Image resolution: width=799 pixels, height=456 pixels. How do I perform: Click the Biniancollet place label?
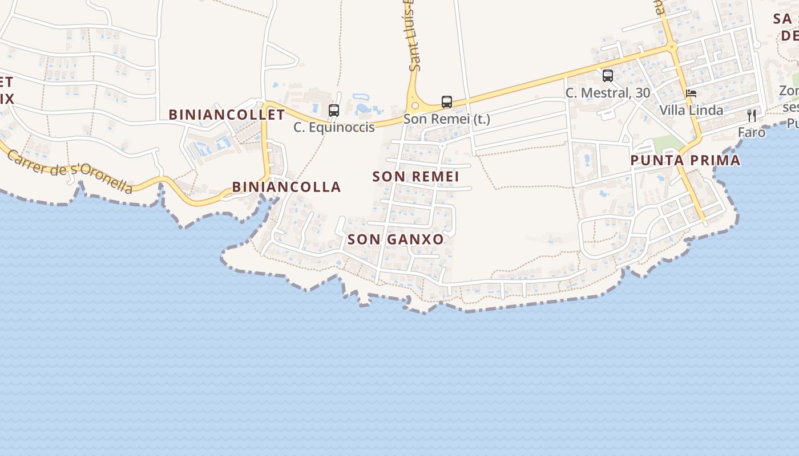tap(227, 115)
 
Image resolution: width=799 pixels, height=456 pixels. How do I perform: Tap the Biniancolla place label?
tap(286, 187)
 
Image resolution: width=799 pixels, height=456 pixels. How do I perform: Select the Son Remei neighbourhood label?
tap(415, 177)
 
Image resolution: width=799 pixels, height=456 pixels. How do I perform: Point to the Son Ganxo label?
tap(396, 239)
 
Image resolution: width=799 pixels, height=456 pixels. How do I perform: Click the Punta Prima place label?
tap(685, 161)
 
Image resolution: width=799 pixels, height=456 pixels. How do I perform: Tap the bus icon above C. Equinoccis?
tap(334, 111)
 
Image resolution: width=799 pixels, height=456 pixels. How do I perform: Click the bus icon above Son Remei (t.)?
tap(447, 102)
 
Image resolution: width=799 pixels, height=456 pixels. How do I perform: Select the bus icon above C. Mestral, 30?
tap(608, 75)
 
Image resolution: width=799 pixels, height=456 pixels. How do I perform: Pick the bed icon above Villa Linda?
tap(691, 93)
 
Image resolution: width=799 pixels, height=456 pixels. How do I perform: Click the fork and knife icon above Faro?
tap(752, 116)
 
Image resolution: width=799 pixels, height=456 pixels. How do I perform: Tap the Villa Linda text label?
tap(691, 110)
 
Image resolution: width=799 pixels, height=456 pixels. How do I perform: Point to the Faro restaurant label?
tap(752, 133)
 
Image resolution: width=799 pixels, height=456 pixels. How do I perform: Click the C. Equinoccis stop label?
tap(334, 127)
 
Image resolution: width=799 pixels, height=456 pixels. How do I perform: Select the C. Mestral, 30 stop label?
tap(608, 92)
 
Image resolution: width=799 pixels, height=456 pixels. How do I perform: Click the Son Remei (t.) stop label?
tap(447, 119)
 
